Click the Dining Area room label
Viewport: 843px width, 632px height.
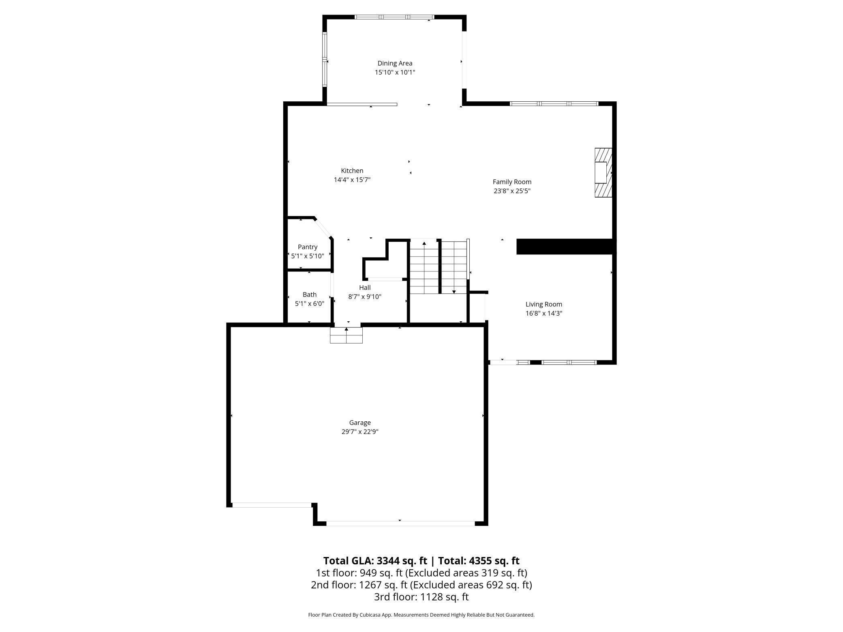[395, 63]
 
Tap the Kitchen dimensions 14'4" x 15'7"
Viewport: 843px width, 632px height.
[352, 180]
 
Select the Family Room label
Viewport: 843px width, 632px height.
[512, 182]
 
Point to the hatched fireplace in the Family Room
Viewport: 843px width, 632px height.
[603, 173]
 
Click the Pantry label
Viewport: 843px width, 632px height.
[308, 247]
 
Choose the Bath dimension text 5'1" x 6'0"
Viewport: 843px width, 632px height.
[309, 304]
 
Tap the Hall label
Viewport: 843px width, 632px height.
[365, 288]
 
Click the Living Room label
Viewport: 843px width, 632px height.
[543, 304]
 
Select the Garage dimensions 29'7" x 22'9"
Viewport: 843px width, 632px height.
[360, 432]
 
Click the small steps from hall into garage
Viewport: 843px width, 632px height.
[346, 335]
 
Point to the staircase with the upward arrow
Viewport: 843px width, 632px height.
[424, 267]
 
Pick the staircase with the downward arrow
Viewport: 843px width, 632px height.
[454, 267]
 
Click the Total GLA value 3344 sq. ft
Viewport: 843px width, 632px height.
[402, 561]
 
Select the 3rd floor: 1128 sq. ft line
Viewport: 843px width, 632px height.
[421, 597]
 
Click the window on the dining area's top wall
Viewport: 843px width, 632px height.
[394, 17]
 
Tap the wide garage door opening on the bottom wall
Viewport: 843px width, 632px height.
[400, 523]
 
